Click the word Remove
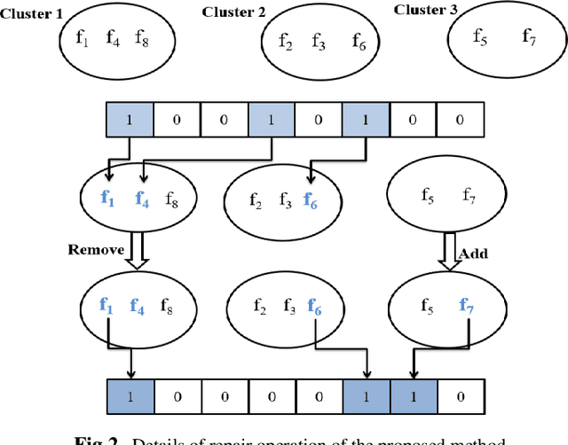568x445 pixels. [x=96, y=250]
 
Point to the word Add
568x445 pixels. [x=473, y=254]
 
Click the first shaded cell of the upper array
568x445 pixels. [x=130, y=119]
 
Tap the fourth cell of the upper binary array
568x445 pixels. [x=272, y=119]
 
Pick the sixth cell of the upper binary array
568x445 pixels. [x=366, y=119]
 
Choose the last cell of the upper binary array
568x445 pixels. [x=460, y=119]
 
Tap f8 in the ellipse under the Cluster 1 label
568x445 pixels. [x=142, y=37]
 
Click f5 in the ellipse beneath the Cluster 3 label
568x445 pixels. [x=479, y=37]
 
